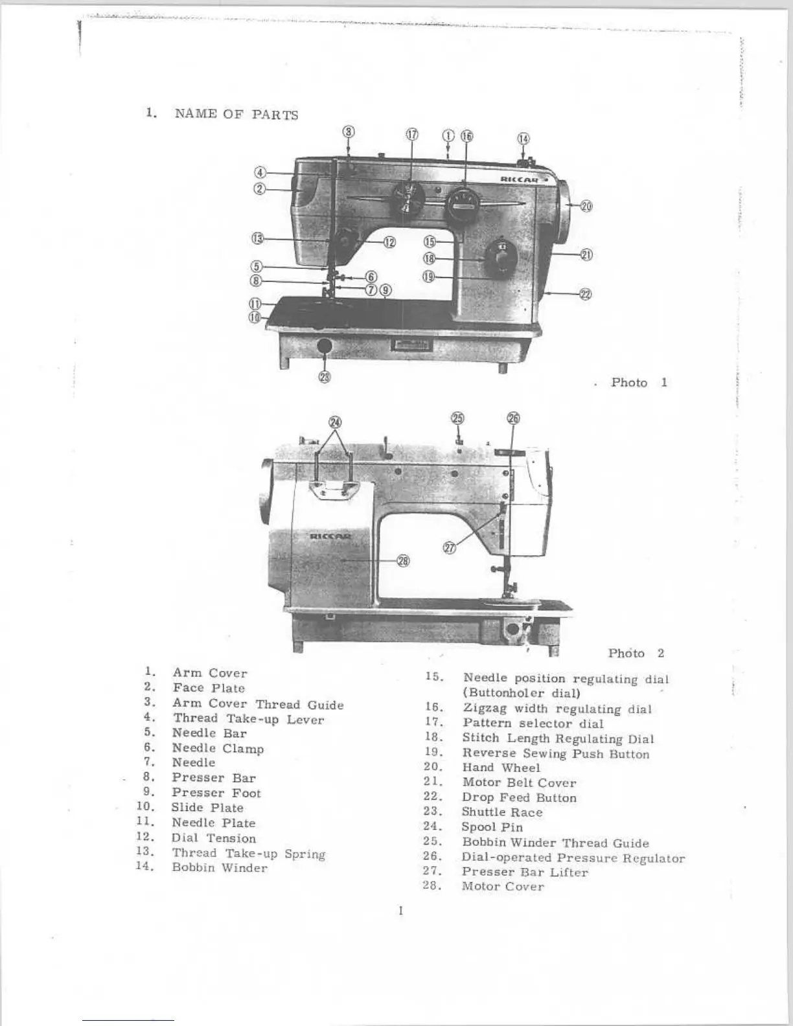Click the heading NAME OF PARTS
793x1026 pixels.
pyautogui.click(x=236, y=115)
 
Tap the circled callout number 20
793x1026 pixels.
pyautogui.click(x=586, y=206)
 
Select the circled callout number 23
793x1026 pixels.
pyautogui.click(x=325, y=378)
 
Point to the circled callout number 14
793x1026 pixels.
pyautogui.click(x=523, y=139)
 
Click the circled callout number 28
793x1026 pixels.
pyautogui.click(x=403, y=561)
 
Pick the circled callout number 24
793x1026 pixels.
pyautogui.click(x=335, y=422)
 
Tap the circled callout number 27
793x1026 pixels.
pyautogui.click(x=449, y=548)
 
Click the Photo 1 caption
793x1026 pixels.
pyautogui.click(x=638, y=382)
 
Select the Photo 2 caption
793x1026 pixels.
pyautogui.click(x=636, y=653)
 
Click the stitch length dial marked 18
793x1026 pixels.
pyautogui.click(x=501, y=258)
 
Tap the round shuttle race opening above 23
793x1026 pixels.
pyautogui.click(x=325, y=347)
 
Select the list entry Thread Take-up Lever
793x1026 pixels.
pyautogui.click(x=248, y=718)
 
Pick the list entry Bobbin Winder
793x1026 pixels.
pyautogui.click(x=219, y=867)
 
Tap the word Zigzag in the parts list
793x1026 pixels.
pyautogui.click(x=484, y=709)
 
